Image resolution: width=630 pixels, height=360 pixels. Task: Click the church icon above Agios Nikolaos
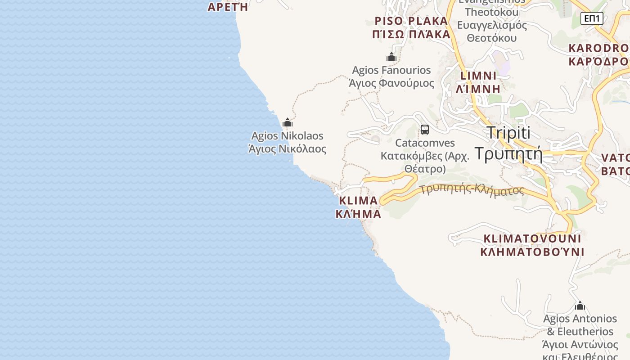(x=288, y=122)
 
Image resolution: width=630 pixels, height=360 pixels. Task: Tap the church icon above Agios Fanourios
(x=391, y=57)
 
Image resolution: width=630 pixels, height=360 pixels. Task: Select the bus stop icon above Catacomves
(x=424, y=130)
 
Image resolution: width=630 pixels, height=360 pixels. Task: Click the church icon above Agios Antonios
(x=580, y=306)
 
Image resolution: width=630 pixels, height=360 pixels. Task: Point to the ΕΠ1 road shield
(x=592, y=18)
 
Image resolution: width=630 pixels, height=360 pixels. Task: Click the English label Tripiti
(x=508, y=133)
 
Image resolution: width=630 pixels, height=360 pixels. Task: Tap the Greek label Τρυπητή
(x=508, y=154)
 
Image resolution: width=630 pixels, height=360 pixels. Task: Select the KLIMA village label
(x=358, y=201)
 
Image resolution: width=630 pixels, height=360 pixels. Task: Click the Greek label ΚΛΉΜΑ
(x=358, y=214)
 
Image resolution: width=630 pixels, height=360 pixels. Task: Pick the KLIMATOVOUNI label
(x=532, y=238)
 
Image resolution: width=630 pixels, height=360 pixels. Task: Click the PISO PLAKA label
(x=411, y=21)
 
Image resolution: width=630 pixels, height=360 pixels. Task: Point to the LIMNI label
(x=478, y=76)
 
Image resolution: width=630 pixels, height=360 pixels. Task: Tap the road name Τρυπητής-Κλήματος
(x=472, y=189)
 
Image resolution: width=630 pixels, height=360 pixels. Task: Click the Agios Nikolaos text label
(x=287, y=136)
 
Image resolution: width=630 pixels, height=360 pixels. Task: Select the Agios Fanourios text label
(x=391, y=70)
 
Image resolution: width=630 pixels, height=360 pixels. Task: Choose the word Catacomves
(x=425, y=143)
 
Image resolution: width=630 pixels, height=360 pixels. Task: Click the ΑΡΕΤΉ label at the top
(x=228, y=7)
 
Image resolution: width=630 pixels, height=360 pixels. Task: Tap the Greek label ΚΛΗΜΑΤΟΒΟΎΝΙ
(x=532, y=252)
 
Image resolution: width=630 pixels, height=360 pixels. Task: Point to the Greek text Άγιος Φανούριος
(x=391, y=83)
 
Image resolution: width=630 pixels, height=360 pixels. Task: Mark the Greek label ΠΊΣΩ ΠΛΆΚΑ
(x=411, y=35)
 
